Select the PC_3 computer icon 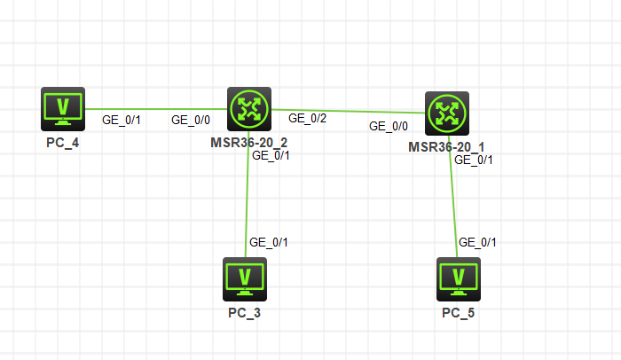tap(244, 278)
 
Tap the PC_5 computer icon tap(459, 278)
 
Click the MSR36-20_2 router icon tap(248, 109)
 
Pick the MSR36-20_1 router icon tap(446, 113)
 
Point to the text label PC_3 tap(244, 312)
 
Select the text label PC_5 tap(459, 312)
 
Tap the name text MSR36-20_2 tap(248, 142)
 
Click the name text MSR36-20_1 tap(446, 146)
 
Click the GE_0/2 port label tap(307, 118)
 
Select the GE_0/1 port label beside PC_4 tap(122, 120)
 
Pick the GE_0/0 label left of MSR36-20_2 tap(190, 120)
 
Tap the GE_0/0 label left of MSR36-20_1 tap(389, 127)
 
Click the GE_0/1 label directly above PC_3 tap(269, 242)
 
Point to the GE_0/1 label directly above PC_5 tap(476, 243)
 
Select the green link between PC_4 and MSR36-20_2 tap(155, 109)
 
